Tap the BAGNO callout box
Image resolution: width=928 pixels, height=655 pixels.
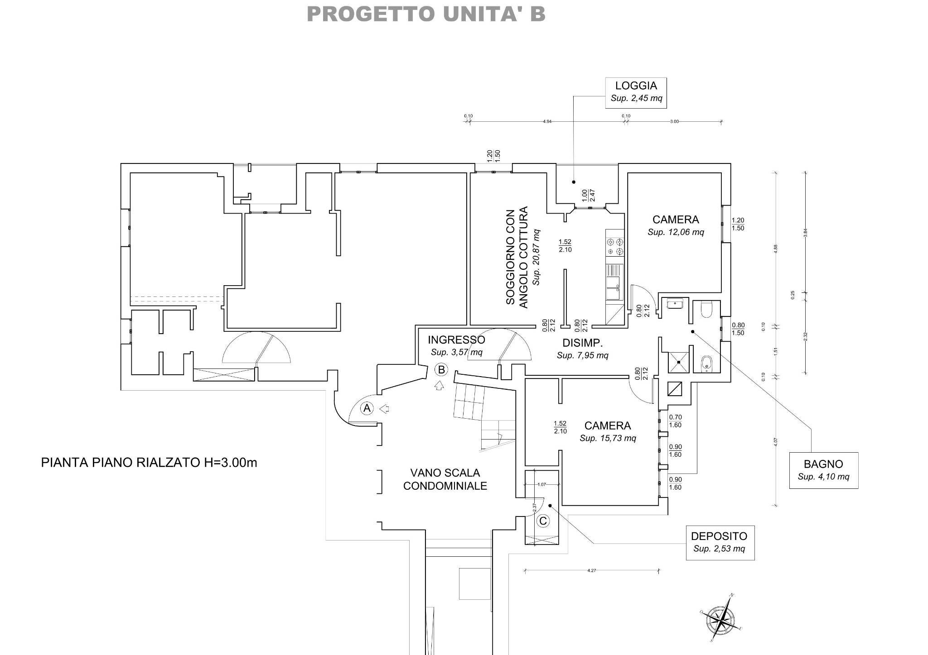pos(823,470)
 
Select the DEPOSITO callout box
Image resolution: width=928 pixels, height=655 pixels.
pos(720,542)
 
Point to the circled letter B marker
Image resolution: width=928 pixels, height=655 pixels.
pos(441,370)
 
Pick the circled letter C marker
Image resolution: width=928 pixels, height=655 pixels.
pos(542,521)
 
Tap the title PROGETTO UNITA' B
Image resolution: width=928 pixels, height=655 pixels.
pos(426,14)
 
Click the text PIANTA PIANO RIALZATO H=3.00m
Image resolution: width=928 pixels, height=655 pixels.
pos(149,463)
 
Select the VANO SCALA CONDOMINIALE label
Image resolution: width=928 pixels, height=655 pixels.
pos(445,479)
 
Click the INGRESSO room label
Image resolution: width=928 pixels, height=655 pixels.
pos(456,339)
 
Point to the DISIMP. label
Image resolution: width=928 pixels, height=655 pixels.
pos(583,342)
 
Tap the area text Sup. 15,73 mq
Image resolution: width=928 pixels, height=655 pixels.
pos(608,438)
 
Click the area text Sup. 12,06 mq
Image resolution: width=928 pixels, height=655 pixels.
pos(676,232)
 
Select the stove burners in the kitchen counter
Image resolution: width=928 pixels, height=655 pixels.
pos(615,247)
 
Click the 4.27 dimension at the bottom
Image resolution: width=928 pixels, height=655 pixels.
pos(591,571)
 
